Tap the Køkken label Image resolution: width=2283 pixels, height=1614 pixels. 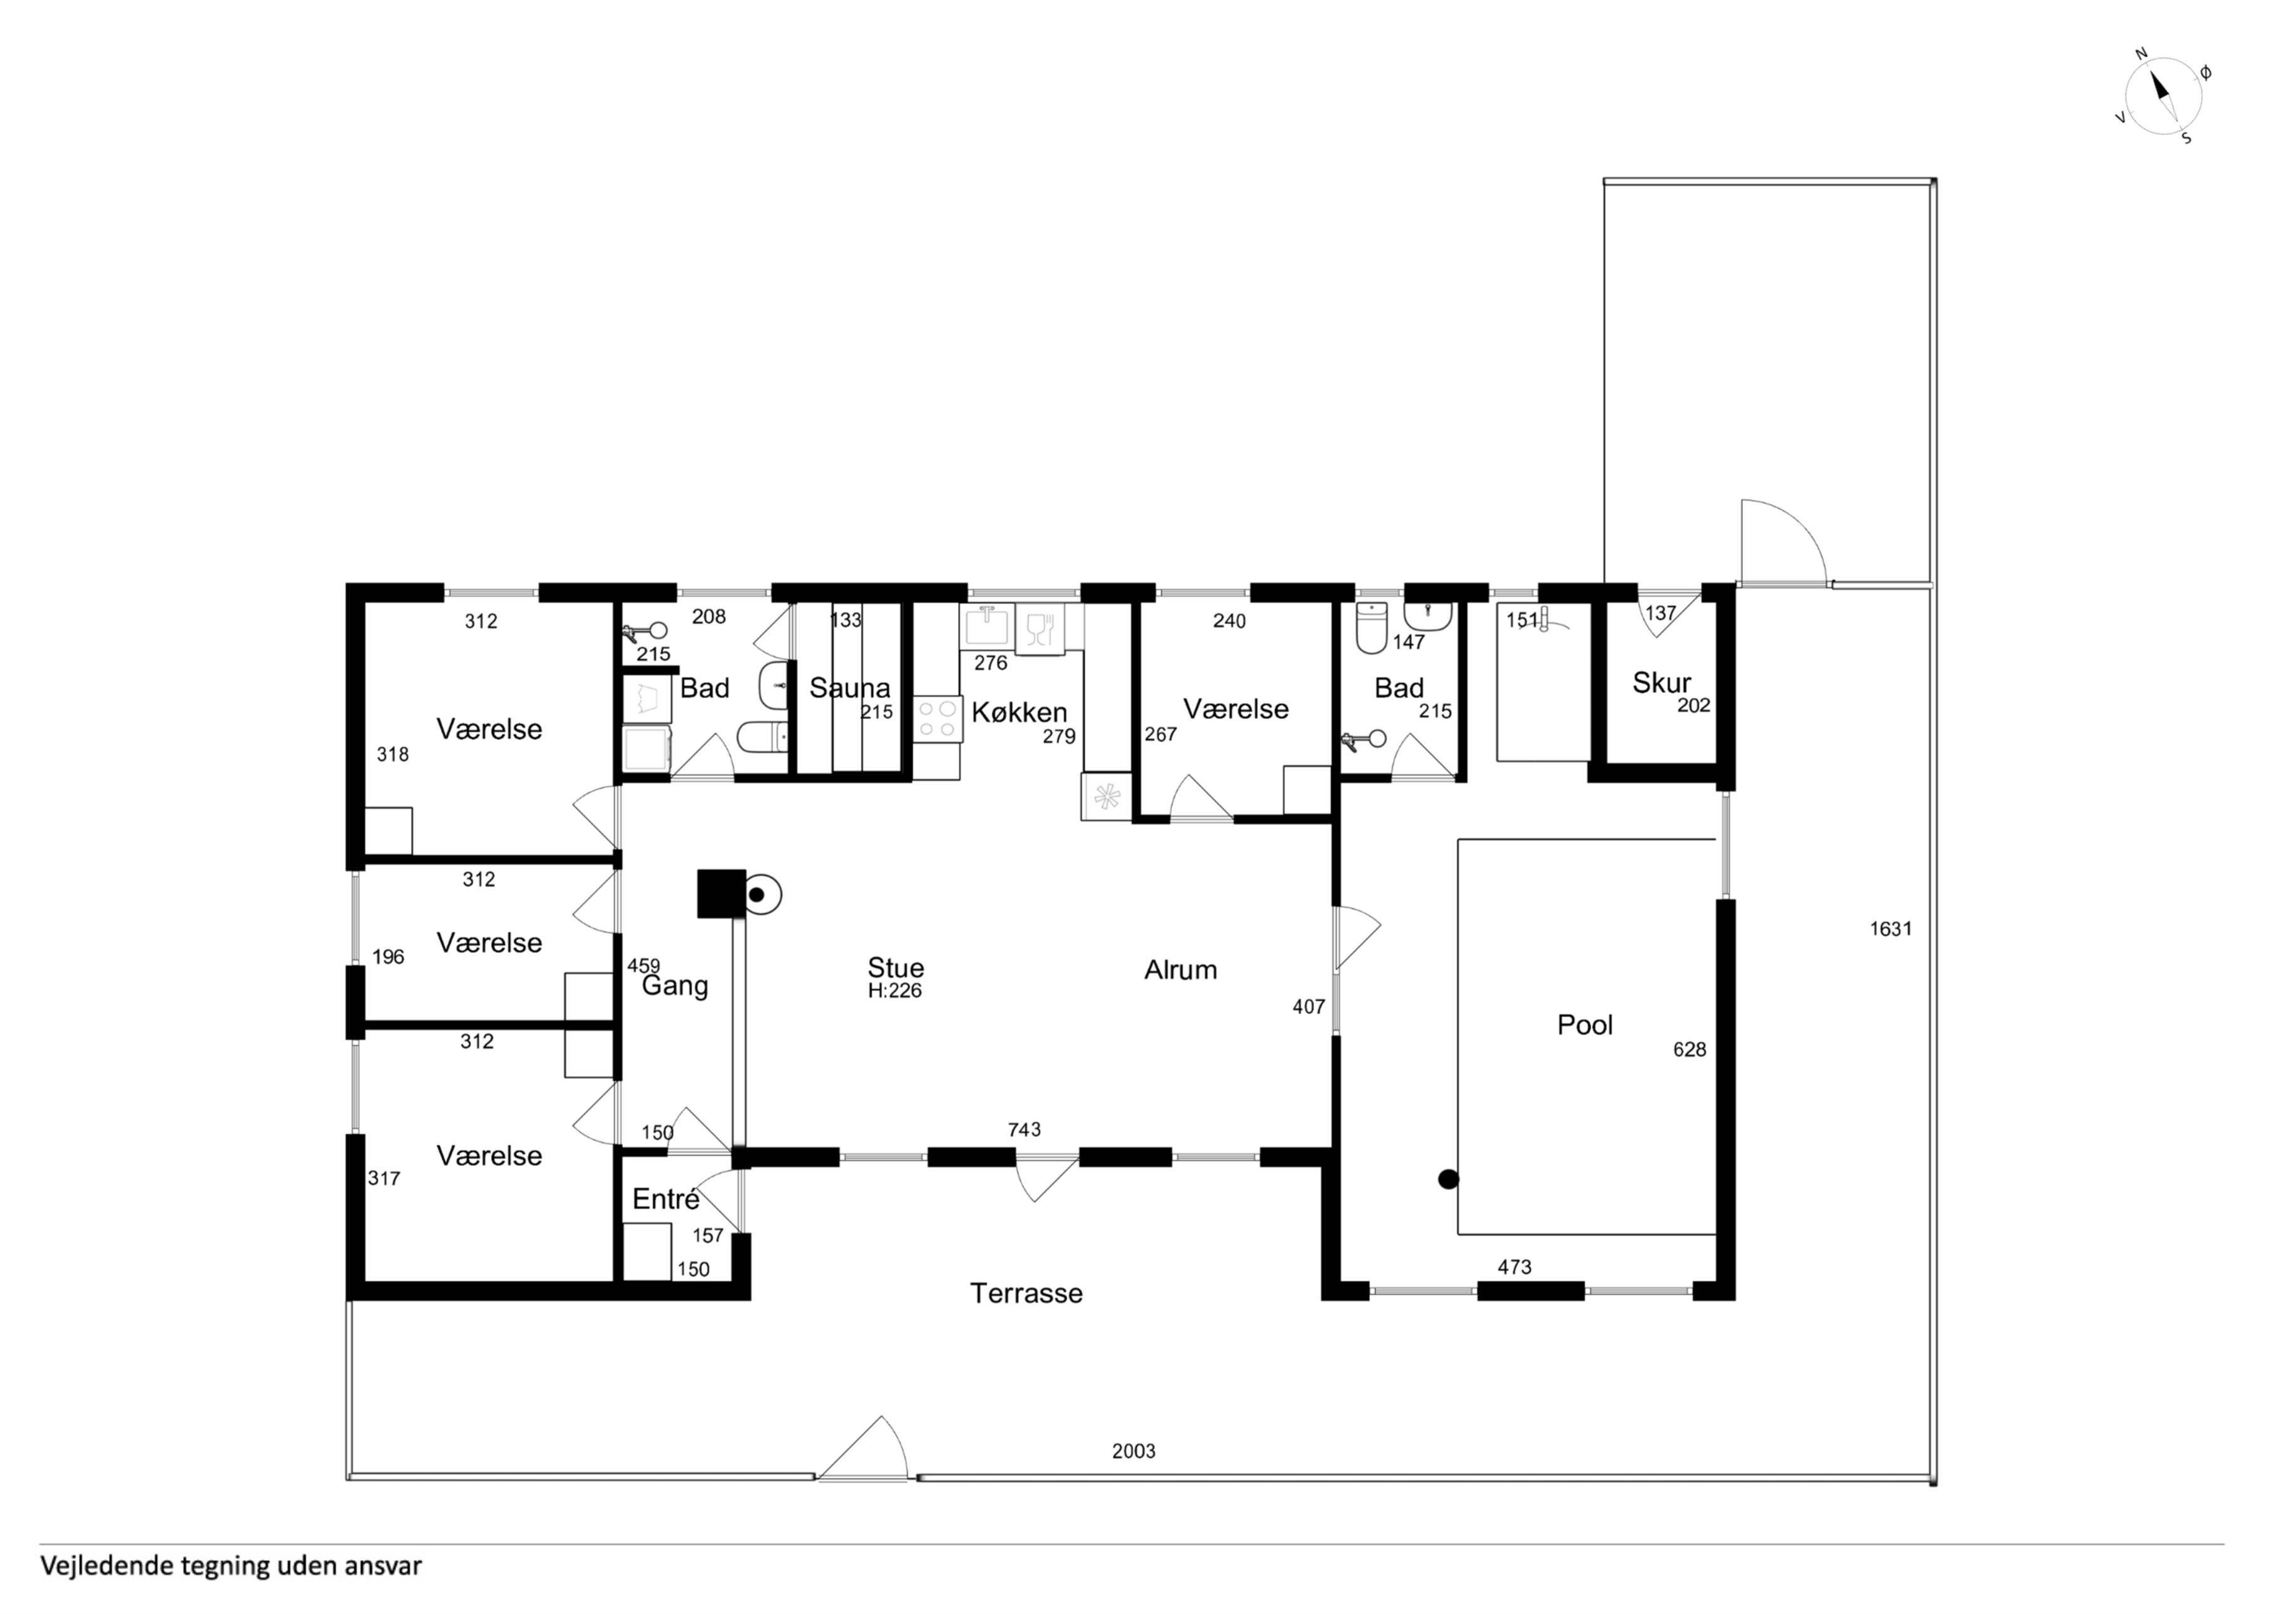click(1019, 712)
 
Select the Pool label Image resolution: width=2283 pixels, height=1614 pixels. click(1585, 1025)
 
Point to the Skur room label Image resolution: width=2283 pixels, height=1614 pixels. click(1662, 682)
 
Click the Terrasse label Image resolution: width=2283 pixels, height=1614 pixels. click(1026, 1293)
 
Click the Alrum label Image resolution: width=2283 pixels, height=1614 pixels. click(1180, 969)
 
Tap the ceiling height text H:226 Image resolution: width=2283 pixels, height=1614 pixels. click(895, 991)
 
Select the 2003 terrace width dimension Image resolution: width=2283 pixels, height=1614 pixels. click(1133, 1451)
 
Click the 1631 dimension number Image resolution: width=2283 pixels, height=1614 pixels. click(1890, 929)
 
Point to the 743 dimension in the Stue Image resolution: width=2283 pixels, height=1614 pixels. click(1024, 1130)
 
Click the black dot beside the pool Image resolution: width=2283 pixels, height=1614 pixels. click(1449, 1180)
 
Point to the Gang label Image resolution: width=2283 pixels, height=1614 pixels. click(675, 986)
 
